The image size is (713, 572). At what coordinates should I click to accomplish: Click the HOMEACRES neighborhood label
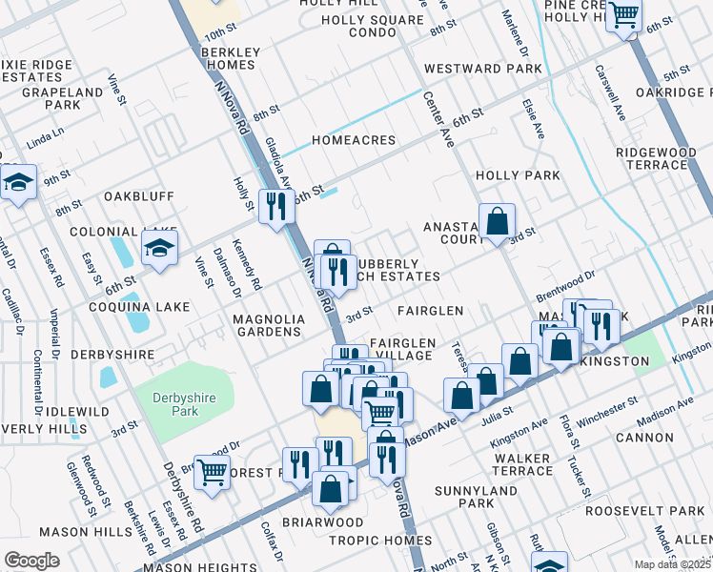[353, 140]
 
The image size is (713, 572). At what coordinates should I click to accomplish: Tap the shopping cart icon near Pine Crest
[624, 16]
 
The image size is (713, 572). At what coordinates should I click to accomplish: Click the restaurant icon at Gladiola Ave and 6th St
[276, 204]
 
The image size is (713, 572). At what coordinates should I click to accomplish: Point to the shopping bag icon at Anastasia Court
[497, 223]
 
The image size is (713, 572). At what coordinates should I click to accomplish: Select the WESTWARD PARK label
[482, 69]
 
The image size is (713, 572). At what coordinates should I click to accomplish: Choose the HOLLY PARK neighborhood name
[518, 175]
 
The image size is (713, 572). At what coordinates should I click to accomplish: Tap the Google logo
[31, 560]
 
